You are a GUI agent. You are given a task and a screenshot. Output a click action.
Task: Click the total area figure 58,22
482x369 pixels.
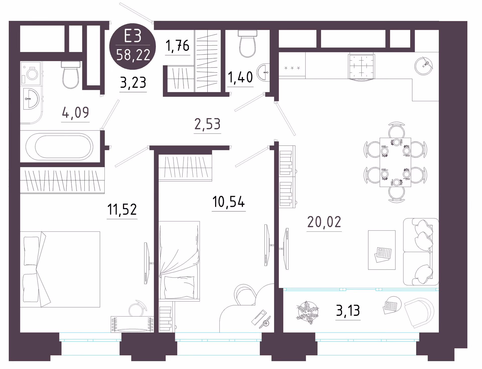[133, 55]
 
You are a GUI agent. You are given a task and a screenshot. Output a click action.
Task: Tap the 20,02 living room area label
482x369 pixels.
[324, 222]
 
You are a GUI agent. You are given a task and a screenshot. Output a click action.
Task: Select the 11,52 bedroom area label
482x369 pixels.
[122, 209]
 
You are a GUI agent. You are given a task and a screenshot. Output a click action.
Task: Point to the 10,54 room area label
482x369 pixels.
[228, 202]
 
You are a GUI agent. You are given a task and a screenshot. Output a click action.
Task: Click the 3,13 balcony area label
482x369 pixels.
[348, 311]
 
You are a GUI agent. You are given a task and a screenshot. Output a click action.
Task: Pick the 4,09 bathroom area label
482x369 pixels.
[75, 112]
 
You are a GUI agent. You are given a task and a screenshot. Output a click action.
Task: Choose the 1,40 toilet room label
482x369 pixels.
[240, 77]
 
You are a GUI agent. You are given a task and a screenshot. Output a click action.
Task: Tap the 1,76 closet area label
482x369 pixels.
[177, 46]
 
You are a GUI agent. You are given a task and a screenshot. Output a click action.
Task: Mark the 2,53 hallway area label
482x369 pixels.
[207, 124]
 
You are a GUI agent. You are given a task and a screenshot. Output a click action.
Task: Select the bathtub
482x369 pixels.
[60, 146]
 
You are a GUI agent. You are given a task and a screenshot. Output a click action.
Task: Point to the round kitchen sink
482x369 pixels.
[424, 66]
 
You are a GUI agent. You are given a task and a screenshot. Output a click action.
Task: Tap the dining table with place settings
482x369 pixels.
[395, 162]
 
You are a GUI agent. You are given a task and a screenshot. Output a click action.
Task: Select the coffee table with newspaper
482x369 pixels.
[382, 250]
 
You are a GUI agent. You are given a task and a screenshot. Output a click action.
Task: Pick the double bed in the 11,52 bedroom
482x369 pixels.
[60, 269]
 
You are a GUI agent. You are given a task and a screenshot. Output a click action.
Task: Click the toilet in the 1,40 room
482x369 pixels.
[248, 44]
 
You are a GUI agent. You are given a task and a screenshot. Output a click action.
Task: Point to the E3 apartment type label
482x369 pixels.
[133, 36]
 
